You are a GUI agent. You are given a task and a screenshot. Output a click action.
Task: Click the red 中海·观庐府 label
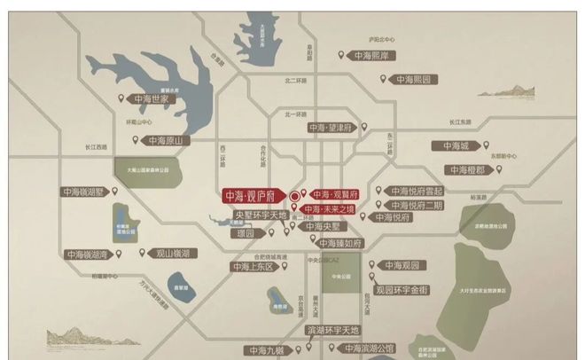coord(252,196)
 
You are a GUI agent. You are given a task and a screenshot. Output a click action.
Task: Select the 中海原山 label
coord(164,140)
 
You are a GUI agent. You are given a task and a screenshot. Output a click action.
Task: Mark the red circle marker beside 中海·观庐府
coord(295,195)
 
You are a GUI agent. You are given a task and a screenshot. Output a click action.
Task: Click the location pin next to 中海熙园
coord(384,80)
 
